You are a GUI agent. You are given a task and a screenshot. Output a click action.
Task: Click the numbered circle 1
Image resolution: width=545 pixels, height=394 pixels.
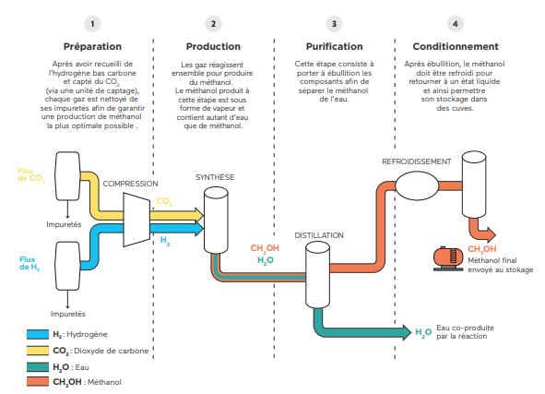point(92,24)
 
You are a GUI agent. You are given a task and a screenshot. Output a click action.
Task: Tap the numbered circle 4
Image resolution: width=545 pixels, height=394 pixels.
point(455,24)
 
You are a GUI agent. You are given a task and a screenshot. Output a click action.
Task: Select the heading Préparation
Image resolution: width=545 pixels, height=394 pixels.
point(92,47)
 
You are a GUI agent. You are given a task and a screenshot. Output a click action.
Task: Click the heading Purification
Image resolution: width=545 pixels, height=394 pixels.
point(335,47)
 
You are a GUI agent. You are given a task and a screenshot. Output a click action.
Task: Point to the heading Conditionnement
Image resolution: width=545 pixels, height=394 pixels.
point(456,47)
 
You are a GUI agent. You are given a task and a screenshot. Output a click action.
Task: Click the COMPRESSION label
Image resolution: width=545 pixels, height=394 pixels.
point(130,184)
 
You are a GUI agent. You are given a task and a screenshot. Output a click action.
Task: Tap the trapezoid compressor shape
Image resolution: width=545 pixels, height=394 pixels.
point(136,220)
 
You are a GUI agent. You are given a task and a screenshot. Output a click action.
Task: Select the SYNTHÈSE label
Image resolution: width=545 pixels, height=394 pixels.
point(215,177)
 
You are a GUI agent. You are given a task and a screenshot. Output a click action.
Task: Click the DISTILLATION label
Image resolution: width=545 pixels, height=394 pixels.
point(319,235)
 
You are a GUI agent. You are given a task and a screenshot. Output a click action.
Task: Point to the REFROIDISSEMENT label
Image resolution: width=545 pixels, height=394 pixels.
point(417,161)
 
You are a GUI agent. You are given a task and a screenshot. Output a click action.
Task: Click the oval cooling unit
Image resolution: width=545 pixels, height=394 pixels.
point(417,185)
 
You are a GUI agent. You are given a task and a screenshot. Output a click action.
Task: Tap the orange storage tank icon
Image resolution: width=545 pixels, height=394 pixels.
point(448,258)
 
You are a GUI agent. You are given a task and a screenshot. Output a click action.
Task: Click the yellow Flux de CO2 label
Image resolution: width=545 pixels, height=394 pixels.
point(31,175)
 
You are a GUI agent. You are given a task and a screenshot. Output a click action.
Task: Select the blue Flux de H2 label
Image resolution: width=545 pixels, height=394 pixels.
point(30,263)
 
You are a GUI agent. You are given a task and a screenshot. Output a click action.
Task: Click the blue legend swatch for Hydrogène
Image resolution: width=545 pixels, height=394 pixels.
point(38,334)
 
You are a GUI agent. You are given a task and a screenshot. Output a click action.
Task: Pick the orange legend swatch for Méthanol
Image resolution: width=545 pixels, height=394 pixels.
point(38,381)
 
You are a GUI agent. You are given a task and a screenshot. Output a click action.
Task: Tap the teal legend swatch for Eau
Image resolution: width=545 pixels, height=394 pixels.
point(38,367)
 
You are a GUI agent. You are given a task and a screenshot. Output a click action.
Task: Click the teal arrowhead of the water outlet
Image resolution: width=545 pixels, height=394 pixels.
point(407,332)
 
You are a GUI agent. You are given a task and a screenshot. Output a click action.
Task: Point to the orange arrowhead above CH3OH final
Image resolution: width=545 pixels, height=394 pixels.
point(492,234)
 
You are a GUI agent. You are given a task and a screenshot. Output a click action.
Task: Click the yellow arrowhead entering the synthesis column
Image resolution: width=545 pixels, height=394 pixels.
point(199,215)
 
